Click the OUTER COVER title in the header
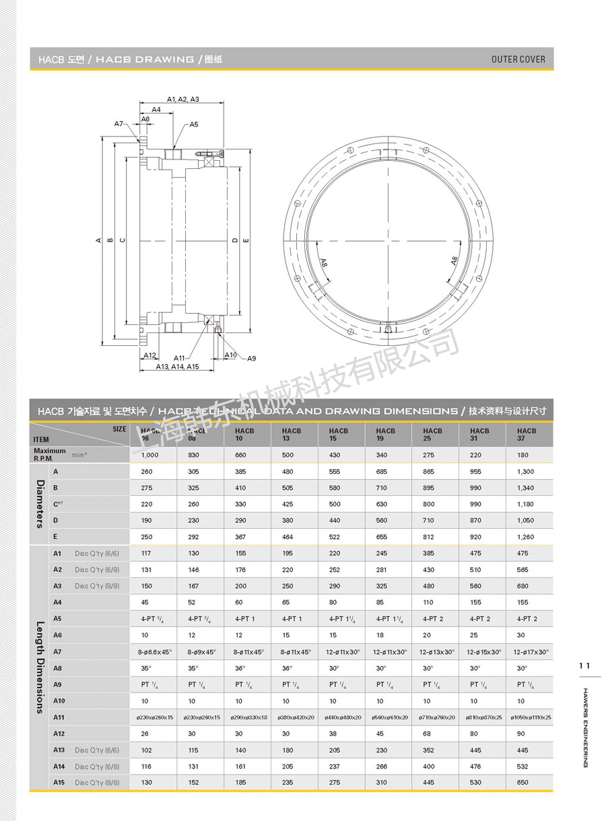[518, 59]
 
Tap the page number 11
[584, 666]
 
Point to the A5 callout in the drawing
[194, 124]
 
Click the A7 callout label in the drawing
[119, 124]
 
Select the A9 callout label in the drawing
[251, 359]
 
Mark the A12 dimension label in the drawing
[149, 355]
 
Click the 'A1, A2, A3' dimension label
[183, 99]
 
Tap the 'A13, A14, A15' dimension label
[178, 367]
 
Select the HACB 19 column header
[386, 434]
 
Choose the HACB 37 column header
[527, 434]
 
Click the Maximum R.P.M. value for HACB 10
[240, 455]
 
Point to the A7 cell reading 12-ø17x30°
[531, 652]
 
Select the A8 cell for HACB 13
[288, 668]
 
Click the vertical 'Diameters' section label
[40, 504]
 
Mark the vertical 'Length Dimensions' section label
[40, 667]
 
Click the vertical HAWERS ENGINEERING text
[585, 727]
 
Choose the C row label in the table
[57, 504]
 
